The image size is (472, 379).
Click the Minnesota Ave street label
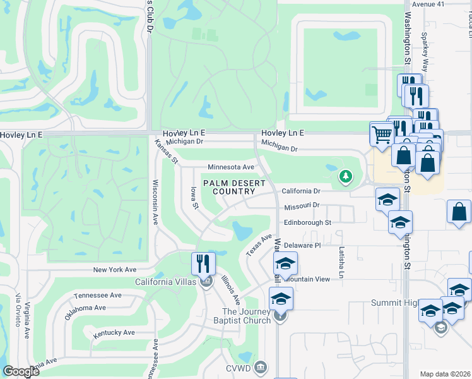pos(231,167)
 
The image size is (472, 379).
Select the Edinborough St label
pos(307,222)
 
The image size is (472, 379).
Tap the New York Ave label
pos(115,269)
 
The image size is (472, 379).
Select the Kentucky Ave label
pos(114,332)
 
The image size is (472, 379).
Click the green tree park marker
pos(345,176)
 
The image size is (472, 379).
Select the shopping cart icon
pos(381,133)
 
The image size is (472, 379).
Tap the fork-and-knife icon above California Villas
pos(203,262)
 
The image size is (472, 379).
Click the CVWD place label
pos(240,368)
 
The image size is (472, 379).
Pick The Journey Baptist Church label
pos(246,316)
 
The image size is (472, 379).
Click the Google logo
pos(21,371)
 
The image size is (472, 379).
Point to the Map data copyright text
pos(445,374)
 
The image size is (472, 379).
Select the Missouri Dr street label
pos(302,206)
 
